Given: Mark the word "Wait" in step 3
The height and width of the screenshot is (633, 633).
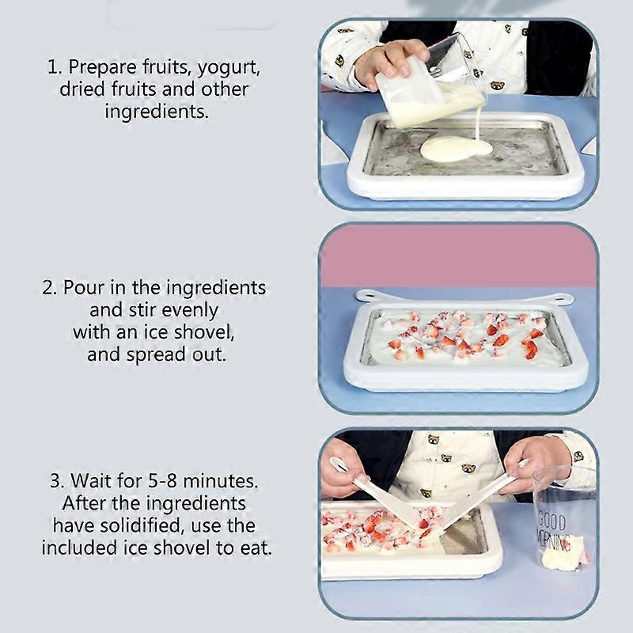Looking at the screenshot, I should (x=88, y=480).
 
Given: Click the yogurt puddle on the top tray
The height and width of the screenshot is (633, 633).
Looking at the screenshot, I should (x=456, y=148).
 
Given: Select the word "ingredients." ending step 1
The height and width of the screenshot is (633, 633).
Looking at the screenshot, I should (x=157, y=111).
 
